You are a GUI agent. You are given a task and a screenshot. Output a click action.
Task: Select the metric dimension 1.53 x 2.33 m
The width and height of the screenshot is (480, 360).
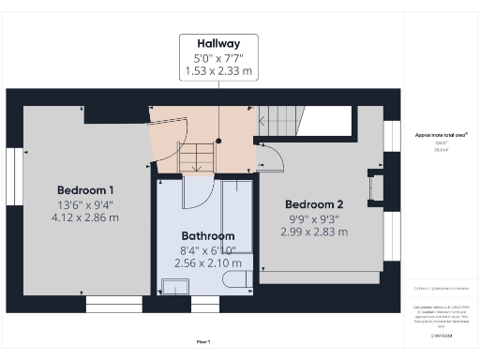click(219, 70)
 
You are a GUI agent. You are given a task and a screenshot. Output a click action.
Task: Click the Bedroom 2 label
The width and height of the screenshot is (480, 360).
click(315, 204)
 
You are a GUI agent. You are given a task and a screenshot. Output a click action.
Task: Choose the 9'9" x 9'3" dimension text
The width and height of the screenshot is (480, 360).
click(315, 219)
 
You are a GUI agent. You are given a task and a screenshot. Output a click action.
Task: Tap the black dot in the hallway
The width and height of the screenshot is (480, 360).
click(218, 141)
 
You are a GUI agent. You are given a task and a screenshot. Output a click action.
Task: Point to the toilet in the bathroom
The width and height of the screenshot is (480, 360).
click(238, 278)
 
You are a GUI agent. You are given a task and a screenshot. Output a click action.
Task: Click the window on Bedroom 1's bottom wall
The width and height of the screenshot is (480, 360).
click(112, 304)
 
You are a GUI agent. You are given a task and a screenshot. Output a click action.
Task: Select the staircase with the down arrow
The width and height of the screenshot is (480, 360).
click(197, 157)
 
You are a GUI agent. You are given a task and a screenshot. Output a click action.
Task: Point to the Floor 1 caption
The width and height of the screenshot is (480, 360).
click(203, 341)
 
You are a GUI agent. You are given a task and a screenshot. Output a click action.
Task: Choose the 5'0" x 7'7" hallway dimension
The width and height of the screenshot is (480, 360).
click(219, 58)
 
